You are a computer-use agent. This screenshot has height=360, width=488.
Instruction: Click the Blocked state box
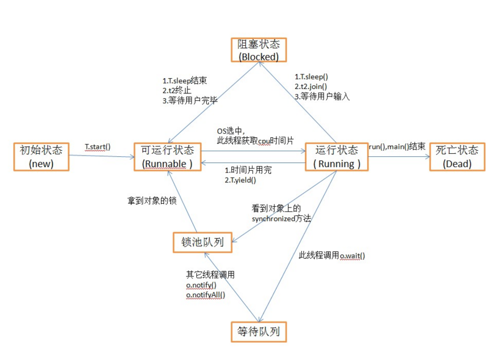(259, 49)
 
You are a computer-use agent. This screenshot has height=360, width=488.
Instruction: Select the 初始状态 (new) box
(41, 157)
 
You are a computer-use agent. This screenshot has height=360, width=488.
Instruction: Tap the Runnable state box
(167, 157)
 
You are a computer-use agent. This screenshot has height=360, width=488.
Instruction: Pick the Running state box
(337, 157)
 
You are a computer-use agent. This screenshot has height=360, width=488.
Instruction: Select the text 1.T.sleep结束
(185, 80)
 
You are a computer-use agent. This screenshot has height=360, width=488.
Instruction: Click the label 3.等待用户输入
(322, 96)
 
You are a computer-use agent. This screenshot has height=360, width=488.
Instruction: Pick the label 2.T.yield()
(240, 180)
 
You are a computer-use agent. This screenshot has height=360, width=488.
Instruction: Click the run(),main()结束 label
(397, 147)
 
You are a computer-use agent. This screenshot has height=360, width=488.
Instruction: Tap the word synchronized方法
(281, 218)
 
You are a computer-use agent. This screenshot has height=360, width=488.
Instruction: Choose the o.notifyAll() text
(206, 295)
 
